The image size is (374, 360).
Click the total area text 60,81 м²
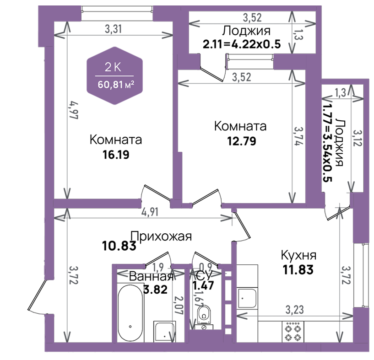[x=116, y=85]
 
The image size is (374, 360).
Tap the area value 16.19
[x=116, y=155]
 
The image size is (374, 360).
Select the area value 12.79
[x=242, y=141]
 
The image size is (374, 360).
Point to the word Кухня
[x=298, y=255]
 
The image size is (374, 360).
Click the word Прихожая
[x=161, y=236]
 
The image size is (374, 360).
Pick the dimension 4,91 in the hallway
[x=150, y=212]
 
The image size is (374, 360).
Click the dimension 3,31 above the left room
[x=113, y=29]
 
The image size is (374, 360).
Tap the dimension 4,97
[x=74, y=110]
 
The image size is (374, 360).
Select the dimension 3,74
[x=298, y=136]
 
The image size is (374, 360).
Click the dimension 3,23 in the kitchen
[x=295, y=310]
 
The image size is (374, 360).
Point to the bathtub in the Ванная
[x=130, y=313]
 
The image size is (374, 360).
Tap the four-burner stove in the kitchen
[x=293, y=332]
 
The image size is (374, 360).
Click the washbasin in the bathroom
[x=165, y=332]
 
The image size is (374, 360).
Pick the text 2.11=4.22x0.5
[x=242, y=44]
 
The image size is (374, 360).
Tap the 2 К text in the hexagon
[x=113, y=67]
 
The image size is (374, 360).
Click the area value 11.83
[x=298, y=270]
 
